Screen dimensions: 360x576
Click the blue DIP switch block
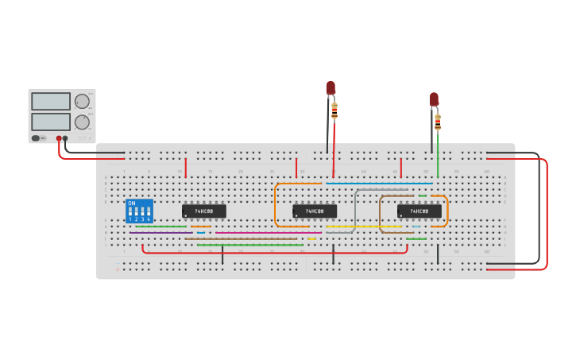pyautogui.click(x=139, y=211)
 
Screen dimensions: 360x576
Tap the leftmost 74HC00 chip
pyautogui.click(x=203, y=211)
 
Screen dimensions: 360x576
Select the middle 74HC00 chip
pyautogui.click(x=315, y=211)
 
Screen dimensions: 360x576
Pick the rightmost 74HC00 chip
pyautogui.click(x=419, y=211)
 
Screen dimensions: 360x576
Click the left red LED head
pyautogui.click(x=331, y=87)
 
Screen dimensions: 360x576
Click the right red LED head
pyautogui.click(x=434, y=99)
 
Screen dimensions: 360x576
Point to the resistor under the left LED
pyautogui.click(x=334, y=110)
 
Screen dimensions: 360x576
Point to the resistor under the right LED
pyautogui.click(x=438, y=122)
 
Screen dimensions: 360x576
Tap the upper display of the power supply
pyautogui.click(x=51, y=102)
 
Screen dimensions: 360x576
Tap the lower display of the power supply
pyautogui.click(x=51, y=122)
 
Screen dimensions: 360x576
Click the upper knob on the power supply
pyautogui.click(x=82, y=102)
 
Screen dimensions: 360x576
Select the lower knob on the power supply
pyautogui.click(x=82, y=122)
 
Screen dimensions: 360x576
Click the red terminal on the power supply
pyautogui.click(x=59, y=138)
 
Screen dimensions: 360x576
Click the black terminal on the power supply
pyautogui.click(x=65, y=138)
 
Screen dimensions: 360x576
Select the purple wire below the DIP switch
pyautogui.click(x=159, y=233)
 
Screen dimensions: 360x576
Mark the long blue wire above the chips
pyautogui.click(x=378, y=184)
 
